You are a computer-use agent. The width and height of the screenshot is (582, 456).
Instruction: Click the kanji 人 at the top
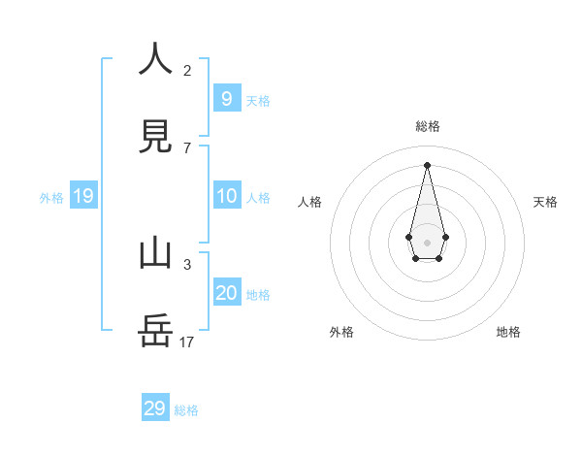click(155, 59)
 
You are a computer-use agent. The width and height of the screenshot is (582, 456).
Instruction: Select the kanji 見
click(155, 137)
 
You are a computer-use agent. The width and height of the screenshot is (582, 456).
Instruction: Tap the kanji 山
click(155, 253)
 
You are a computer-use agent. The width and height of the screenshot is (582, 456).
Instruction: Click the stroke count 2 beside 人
click(187, 70)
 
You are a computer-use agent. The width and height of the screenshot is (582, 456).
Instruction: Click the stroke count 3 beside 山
click(187, 264)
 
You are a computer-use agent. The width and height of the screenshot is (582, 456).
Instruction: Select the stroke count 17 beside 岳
click(187, 342)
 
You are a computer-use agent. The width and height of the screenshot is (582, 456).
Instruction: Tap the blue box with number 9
click(227, 98)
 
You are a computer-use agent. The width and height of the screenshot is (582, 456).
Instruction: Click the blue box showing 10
click(227, 196)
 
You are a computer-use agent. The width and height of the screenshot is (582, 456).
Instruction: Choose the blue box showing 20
click(227, 292)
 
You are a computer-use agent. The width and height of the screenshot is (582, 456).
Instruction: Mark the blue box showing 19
click(83, 196)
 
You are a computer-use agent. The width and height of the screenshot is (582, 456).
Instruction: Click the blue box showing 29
click(155, 408)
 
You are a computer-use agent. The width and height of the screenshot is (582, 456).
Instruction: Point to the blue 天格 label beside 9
click(258, 101)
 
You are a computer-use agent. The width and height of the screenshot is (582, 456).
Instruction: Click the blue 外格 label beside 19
click(51, 198)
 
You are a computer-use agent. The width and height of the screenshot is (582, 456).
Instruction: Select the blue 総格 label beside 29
click(186, 410)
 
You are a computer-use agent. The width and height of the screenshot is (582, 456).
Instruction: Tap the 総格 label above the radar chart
click(428, 126)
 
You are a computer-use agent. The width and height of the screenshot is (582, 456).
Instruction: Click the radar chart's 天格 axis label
click(546, 202)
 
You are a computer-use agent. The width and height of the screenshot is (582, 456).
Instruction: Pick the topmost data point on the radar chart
click(427, 164)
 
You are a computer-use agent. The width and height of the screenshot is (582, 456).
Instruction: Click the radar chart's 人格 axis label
click(310, 202)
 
